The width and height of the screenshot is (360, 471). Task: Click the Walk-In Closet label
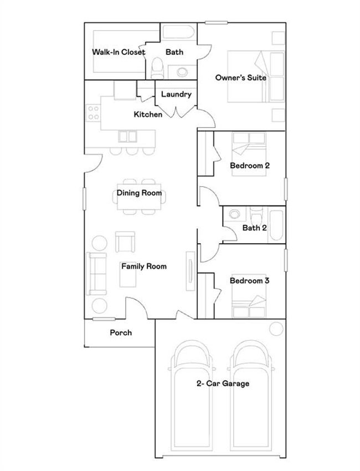coord(119,52)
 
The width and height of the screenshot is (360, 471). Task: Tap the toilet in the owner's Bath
coord(157,68)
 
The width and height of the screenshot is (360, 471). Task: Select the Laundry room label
coord(176,94)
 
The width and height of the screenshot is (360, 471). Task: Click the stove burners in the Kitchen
coord(94,112)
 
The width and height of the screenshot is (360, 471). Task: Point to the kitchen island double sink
coord(127,136)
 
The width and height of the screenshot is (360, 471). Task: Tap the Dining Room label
coord(140,193)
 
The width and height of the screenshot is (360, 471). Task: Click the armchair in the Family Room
coord(125,242)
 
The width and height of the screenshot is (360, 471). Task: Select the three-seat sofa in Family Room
coord(96,274)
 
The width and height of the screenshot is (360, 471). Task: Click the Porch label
coord(121,332)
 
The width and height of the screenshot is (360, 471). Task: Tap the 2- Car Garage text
coord(223,383)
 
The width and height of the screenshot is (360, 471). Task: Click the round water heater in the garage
coord(276,329)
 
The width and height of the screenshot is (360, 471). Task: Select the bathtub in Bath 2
coord(276,226)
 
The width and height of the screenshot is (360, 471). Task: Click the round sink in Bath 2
coord(234,214)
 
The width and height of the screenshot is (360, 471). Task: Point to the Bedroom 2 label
coord(250,166)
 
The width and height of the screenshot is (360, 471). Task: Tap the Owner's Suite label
coord(241,78)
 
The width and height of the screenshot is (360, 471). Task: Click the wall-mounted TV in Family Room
coord(191,271)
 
